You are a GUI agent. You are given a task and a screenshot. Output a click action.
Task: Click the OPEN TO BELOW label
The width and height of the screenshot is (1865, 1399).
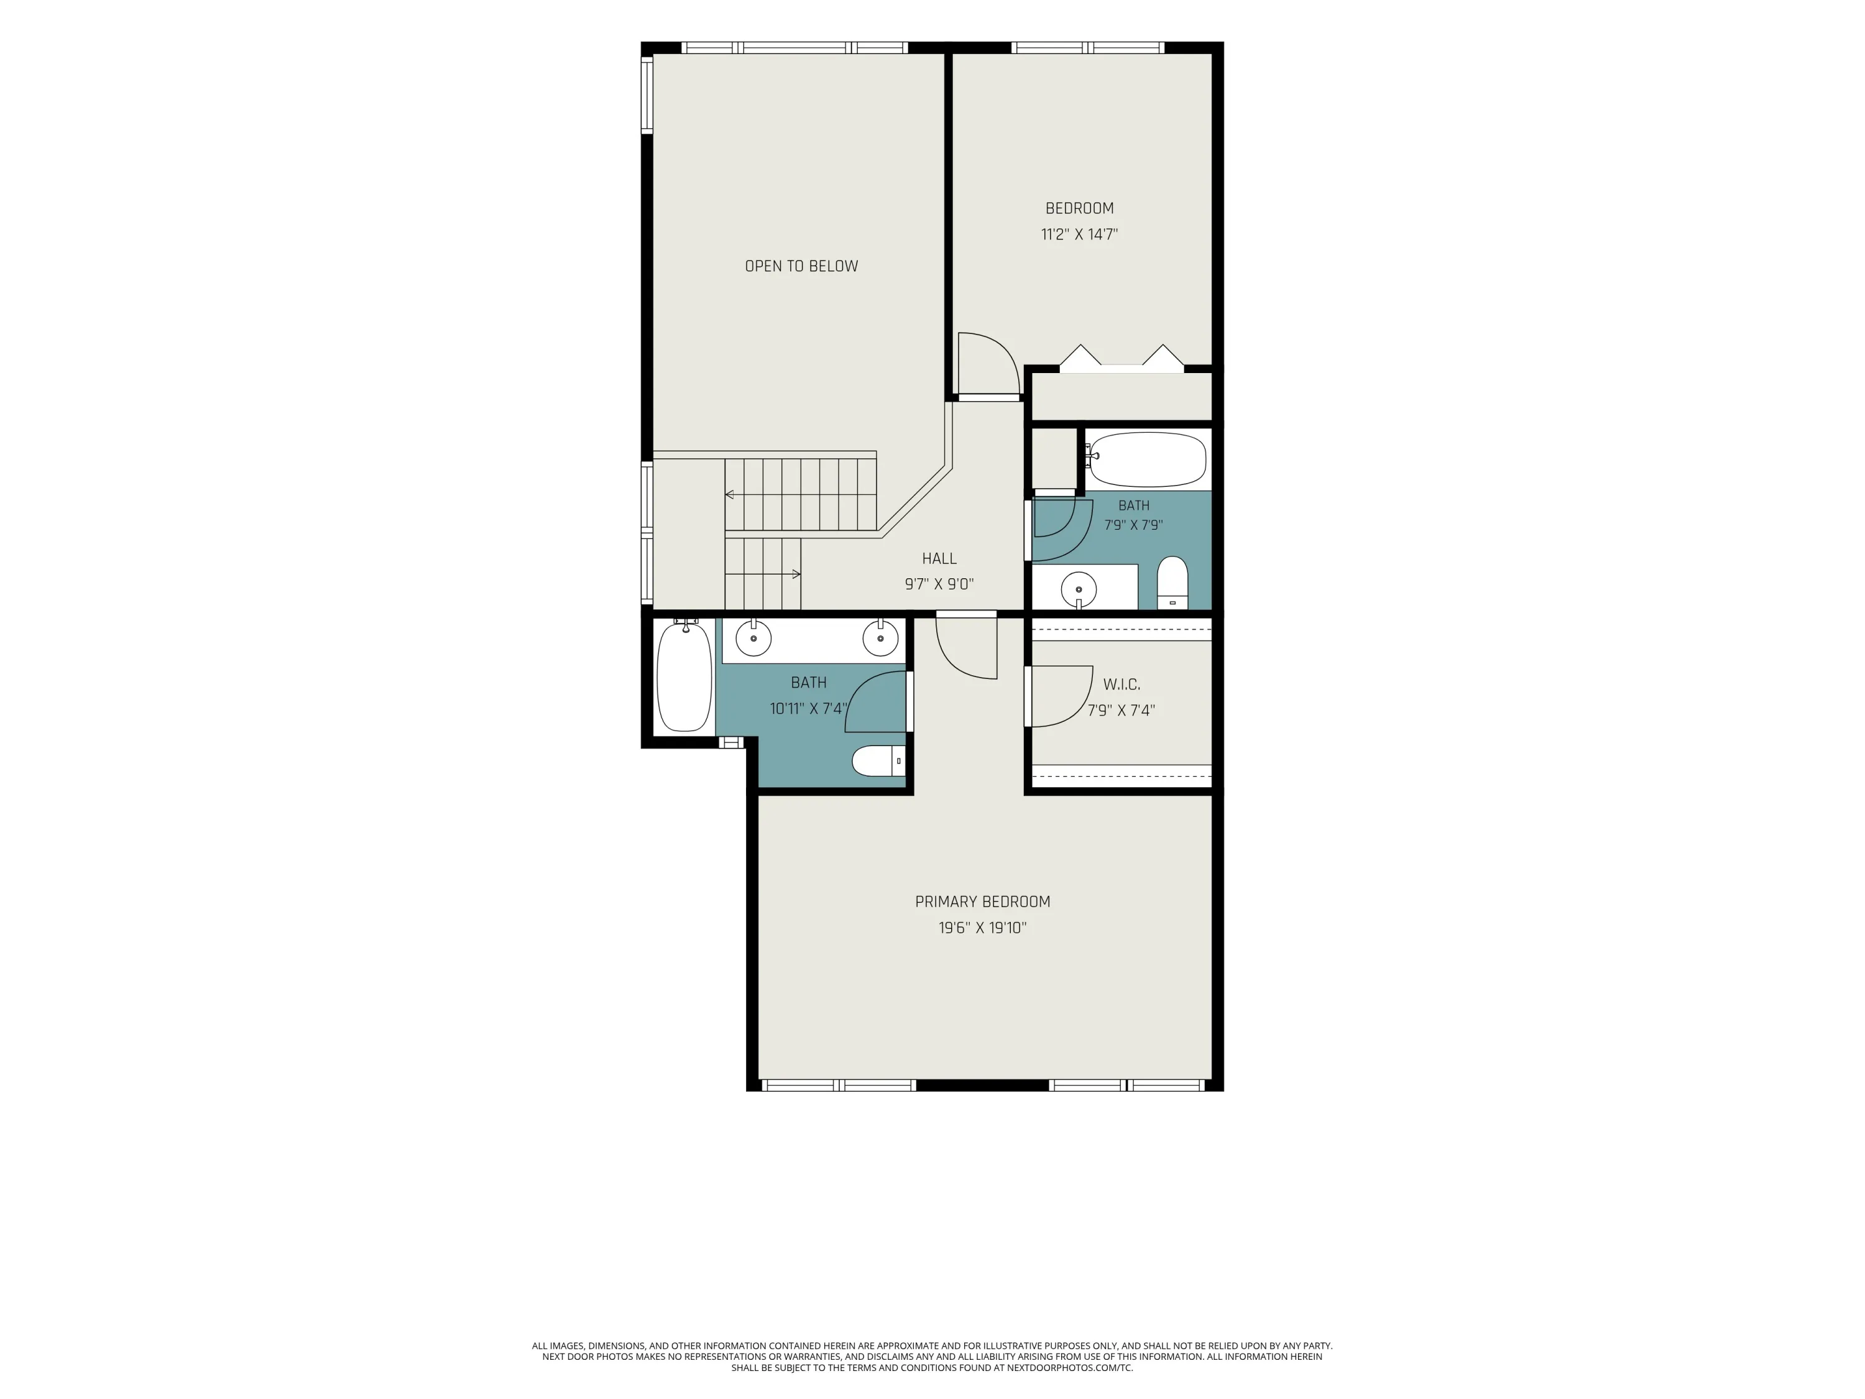pyautogui.click(x=801, y=267)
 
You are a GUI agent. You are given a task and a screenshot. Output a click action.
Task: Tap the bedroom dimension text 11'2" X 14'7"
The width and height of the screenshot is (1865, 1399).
pyautogui.click(x=1079, y=234)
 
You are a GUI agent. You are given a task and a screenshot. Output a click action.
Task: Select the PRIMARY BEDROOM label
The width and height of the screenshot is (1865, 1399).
pyautogui.click(x=982, y=902)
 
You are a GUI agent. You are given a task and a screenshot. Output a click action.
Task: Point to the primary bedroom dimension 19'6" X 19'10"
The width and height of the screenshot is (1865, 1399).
pyautogui.click(x=982, y=928)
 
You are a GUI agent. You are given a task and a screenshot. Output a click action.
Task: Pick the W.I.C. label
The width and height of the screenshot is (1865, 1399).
pyautogui.click(x=1121, y=685)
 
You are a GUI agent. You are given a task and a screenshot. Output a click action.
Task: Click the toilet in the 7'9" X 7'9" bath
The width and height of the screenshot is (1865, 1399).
pyautogui.click(x=1172, y=583)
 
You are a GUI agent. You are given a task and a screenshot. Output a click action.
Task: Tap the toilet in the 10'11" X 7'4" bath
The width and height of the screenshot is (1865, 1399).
pyautogui.click(x=878, y=760)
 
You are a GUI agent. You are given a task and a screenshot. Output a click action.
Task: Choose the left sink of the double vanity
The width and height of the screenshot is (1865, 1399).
pyautogui.click(x=753, y=639)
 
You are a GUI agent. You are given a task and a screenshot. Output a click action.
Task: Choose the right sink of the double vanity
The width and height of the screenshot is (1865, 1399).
pyautogui.click(x=881, y=639)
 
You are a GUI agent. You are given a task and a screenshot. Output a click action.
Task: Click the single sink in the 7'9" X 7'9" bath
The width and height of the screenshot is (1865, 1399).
pyautogui.click(x=1079, y=589)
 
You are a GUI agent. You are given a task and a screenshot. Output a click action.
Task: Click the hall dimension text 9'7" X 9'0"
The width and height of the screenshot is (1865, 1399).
pyautogui.click(x=939, y=584)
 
